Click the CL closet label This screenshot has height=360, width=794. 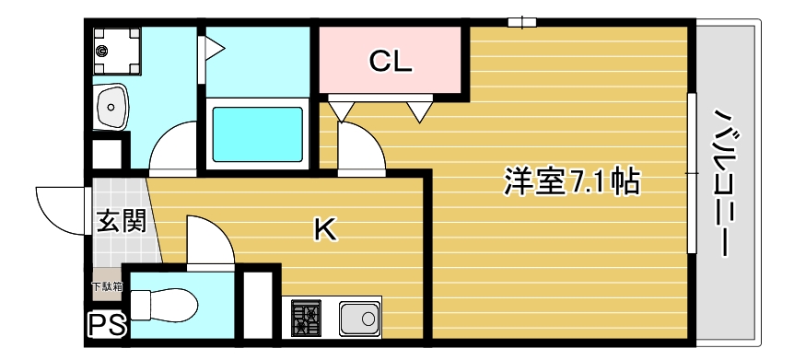391,62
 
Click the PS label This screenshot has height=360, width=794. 107,324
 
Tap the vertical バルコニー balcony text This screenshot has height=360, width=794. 730,184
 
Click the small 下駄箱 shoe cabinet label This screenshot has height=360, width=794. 105,286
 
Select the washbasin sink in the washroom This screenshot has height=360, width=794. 112,109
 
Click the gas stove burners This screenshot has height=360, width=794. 308,319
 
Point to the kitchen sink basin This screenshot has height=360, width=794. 358,319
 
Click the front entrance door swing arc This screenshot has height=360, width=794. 60,207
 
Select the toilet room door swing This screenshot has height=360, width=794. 207,239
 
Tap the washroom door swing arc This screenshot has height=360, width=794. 175,147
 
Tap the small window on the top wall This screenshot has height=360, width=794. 521,22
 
